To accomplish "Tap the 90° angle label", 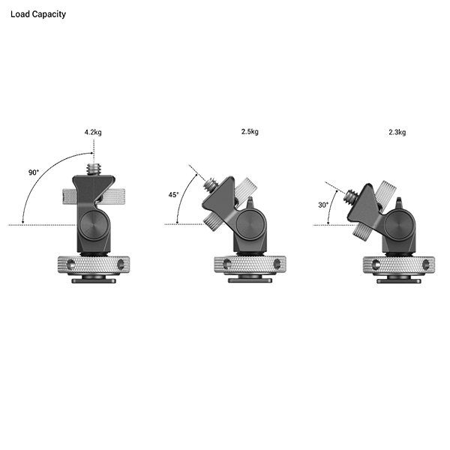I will (x=34, y=173).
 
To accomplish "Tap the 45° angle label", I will (x=173, y=194).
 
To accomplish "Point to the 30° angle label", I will (x=323, y=203).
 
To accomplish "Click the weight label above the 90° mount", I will (x=92, y=132).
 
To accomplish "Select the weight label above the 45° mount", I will (x=249, y=132).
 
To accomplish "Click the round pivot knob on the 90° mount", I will (x=94, y=223).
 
